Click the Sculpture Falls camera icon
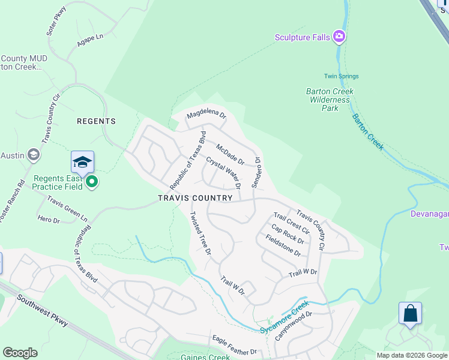pos(339,37)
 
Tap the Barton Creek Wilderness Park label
pos(330,100)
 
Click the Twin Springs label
pos(341,76)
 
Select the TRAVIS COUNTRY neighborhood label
pos(195,198)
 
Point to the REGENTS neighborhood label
pos(96,121)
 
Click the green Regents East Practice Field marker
pos(91,181)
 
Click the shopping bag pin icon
pos(410,313)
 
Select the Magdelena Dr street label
pos(206,114)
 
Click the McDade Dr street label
pos(230,154)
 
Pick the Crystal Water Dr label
pos(223,172)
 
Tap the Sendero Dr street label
pos(256,173)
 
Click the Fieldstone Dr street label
pos(283,245)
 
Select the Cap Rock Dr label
pos(288,233)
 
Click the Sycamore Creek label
pos(284,321)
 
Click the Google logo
pos(20,353)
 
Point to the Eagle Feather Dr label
pos(234,346)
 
